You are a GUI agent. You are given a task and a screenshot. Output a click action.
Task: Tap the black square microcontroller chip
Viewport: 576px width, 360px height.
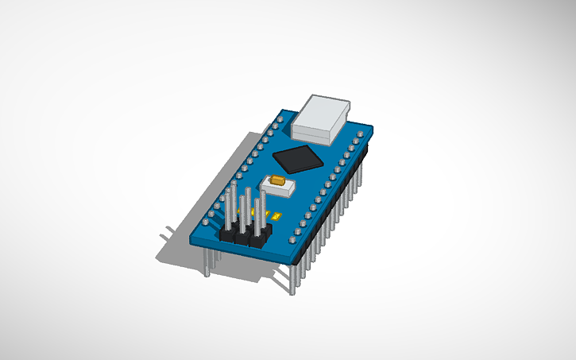[298, 158]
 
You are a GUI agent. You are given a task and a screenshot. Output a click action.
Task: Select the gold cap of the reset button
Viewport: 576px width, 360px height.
[278, 181]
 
